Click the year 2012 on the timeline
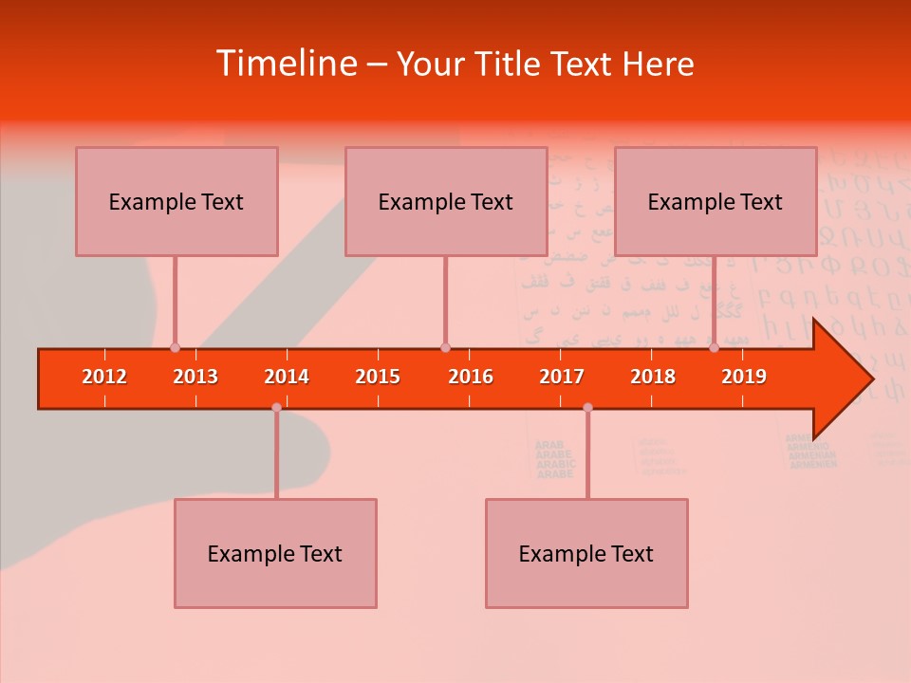tap(104, 377)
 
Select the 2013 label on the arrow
tap(195, 377)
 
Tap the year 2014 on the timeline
tap(287, 377)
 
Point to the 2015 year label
tap(378, 377)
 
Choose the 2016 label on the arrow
tap(471, 377)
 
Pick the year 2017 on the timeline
tap(562, 377)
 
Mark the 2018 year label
tap(653, 377)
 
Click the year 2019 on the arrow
tap(744, 377)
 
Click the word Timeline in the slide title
tap(286, 64)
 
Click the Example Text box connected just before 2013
tap(177, 201)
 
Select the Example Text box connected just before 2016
tap(446, 201)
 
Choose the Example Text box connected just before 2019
tap(716, 201)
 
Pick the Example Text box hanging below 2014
tap(275, 553)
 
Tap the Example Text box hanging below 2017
tap(586, 553)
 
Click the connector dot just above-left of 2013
tap(175, 347)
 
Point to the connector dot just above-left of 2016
tap(445, 347)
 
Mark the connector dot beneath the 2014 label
tap(276, 407)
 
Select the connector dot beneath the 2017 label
tap(587, 407)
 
